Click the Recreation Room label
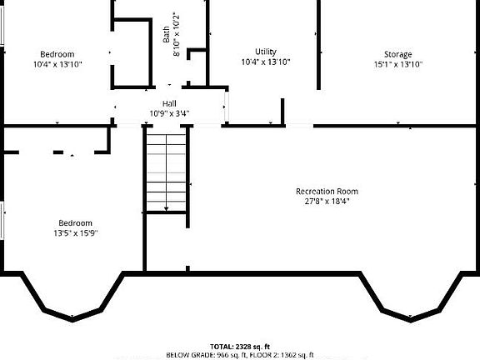pos(327,191)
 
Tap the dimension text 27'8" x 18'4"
pos(327,201)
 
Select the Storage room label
pos(398,54)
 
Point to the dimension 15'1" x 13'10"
pos(398,64)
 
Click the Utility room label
pos(266,52)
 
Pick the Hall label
pos(169,103)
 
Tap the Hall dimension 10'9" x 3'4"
pos(169,112)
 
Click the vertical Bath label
pos(166,34)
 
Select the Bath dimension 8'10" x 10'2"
pos(176,34)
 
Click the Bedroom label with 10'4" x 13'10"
pos(57,54)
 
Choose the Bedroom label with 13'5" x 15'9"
pos(75,222)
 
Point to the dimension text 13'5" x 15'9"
pos(75,232)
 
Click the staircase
pos(167,171)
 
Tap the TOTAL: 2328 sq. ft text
pos(240,347)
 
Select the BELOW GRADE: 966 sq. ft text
pos(201,355)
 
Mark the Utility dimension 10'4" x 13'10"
pos(266,62)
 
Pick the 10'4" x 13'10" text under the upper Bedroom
pos(57,64)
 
